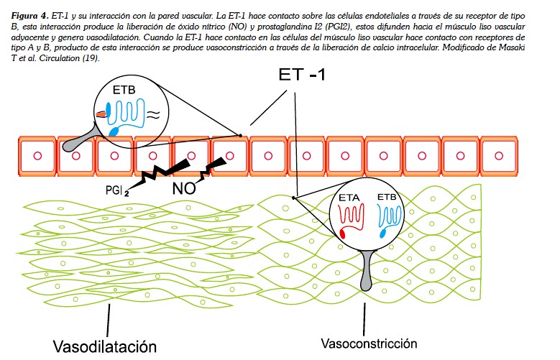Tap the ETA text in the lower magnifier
(x=349, y=195)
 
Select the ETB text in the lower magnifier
(x=389, y=195)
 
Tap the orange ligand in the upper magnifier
(x=101, y=114)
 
